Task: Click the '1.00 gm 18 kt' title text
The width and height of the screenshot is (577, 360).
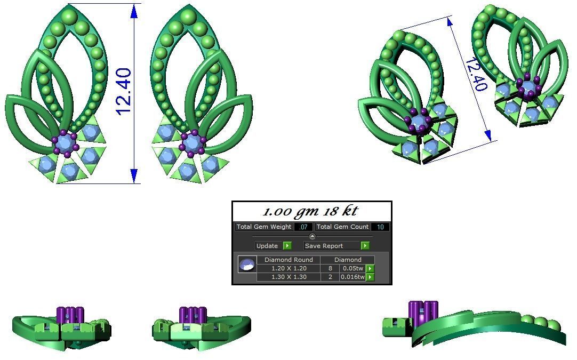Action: [311, 211]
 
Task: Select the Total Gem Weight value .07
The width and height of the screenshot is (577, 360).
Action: [303, 227]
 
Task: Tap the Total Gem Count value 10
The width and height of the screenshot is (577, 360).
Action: [380, 227]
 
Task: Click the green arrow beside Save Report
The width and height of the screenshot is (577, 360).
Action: [365, 246]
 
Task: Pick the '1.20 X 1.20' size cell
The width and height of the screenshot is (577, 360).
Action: [288, 269]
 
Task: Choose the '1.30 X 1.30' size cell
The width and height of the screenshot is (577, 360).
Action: [288, 277]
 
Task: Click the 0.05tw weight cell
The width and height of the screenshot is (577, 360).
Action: [353, 269]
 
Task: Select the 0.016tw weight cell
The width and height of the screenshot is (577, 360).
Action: [353, 277]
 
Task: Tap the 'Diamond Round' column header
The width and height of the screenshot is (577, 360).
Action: [288, 260]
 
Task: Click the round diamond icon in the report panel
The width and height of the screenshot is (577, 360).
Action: [247, 265]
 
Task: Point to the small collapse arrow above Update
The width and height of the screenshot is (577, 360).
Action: [312, 236]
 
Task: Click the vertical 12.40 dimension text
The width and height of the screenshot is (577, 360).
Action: [123, 92]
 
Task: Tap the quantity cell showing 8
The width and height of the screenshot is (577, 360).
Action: [330, 269]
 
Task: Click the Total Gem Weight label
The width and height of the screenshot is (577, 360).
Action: [264, 227]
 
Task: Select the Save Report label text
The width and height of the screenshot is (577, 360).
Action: [324, 246]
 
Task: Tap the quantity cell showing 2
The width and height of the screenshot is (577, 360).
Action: [330, 277]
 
